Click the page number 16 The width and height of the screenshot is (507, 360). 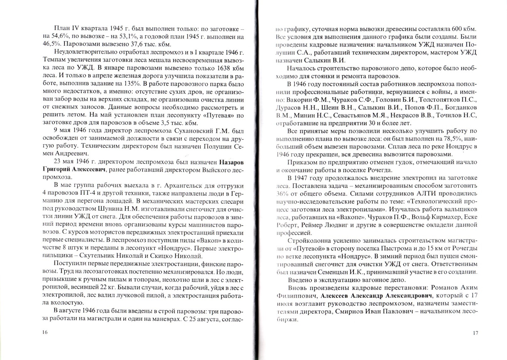(44, 332)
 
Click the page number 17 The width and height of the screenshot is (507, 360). (475, 333)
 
